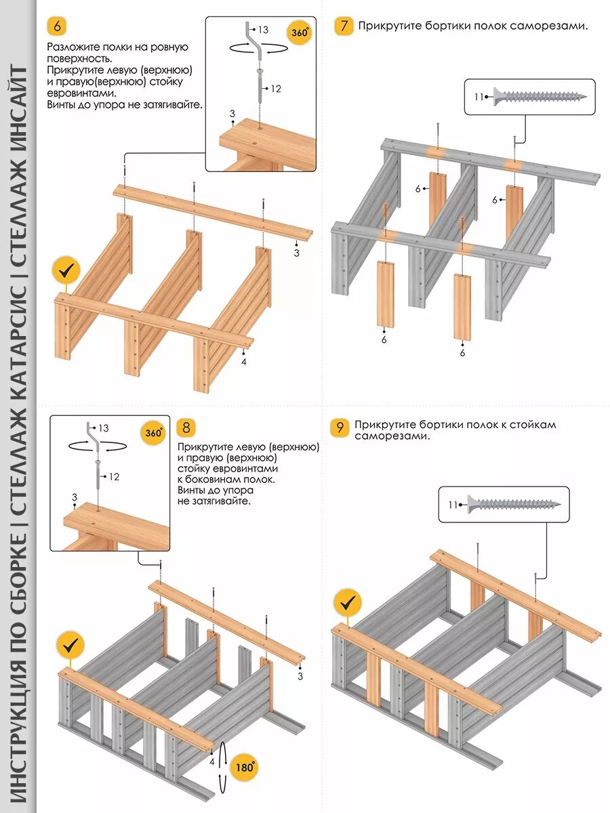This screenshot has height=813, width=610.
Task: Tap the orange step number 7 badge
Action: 344,26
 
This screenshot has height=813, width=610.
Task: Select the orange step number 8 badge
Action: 186,428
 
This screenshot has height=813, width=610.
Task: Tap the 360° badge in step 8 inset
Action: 153,433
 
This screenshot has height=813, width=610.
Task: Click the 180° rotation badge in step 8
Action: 245,768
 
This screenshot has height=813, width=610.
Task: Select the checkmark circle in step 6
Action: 66,271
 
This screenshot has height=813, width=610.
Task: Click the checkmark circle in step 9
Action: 348,602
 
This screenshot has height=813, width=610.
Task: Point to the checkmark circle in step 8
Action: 70,646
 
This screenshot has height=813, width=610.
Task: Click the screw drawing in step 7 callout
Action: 539,97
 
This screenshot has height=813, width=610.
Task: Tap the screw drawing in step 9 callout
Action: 516,504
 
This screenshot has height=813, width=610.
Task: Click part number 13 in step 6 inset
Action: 264,30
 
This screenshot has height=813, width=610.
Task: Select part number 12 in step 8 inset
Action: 114,477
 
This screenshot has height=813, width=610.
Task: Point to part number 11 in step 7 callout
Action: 479,97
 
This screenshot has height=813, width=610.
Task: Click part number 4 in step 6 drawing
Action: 244,362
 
